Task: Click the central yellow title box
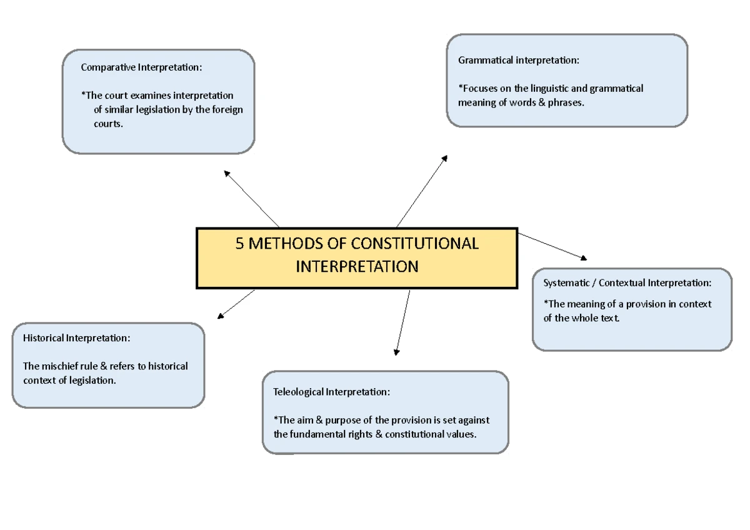(x=357, y=257)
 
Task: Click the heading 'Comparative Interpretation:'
(x=141, y=67)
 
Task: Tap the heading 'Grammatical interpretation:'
(x=519, y=60)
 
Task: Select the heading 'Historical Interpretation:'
(x=77, y=337)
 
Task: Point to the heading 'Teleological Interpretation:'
(x=332, y=392)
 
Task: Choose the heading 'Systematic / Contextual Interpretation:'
(x=627, y=282)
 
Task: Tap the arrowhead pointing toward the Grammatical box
(x=444, y=158)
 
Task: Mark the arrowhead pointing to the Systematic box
(x=584, y=257)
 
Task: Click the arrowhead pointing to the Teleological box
(x=396, y=352)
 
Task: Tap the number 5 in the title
(x=239, y=243)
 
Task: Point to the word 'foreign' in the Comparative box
(x=227, y=109)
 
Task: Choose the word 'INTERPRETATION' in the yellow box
(x=357, y=267)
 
